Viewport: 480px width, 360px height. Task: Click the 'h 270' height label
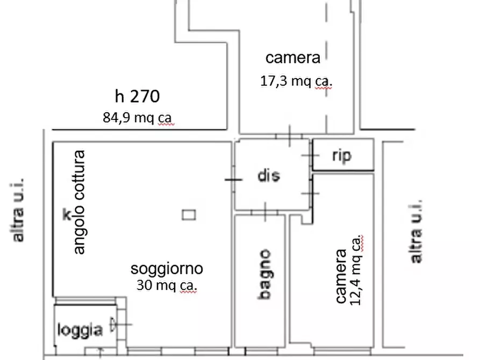[x=137, y=97]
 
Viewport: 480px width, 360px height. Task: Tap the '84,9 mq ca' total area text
[x=139, y=118]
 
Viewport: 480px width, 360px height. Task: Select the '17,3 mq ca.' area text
[x=296, y=81]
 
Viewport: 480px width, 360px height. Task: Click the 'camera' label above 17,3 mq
[x=293, y=58]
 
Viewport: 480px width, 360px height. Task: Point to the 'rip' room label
[x=342, y=156]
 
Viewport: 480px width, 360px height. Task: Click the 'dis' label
[x=268, y=176]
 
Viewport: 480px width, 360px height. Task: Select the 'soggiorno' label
[x=167, y=268]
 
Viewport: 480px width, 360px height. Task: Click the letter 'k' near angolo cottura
[x=67, y=215]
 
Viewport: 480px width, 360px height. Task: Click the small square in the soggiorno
[x=189, y=215]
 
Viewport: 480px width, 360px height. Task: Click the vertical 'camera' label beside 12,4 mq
[x=341, y=276]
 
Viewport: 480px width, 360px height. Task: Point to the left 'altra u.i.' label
[x=18, y=210]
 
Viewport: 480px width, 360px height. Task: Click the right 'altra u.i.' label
[x=415, y=231]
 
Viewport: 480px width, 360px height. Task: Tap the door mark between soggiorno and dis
[x=233, y=179]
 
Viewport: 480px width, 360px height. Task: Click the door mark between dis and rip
[x=311, y=156]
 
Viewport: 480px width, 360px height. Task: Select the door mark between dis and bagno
[x=265, y=212]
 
